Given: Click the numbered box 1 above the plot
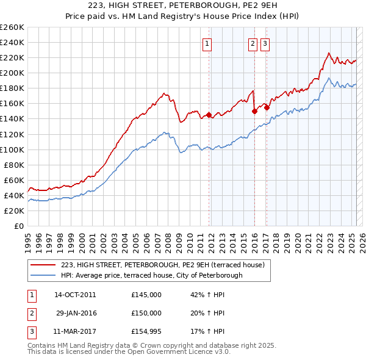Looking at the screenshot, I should (x=207, y=43).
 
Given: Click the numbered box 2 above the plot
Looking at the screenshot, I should (x=253, y=43).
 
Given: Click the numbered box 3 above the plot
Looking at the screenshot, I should (x=265, y=43).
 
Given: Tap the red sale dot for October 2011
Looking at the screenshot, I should (x=209, y=115).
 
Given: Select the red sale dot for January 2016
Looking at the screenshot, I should (x=254, y=111).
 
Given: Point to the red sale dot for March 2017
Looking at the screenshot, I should (x=267, y=107).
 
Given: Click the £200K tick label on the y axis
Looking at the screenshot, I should (x=13, y=73).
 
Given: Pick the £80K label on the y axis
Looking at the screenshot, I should (x=15, y=165).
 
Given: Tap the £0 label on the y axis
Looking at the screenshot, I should (x=18, y=226).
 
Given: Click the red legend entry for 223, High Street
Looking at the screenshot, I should (x=162, y=265).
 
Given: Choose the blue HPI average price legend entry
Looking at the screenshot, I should (x=151, y=275).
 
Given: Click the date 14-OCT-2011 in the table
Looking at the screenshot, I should (x=75, y=295).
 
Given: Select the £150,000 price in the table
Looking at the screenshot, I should (x=146, y=313).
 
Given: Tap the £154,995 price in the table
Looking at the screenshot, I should (x=146, y=331).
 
